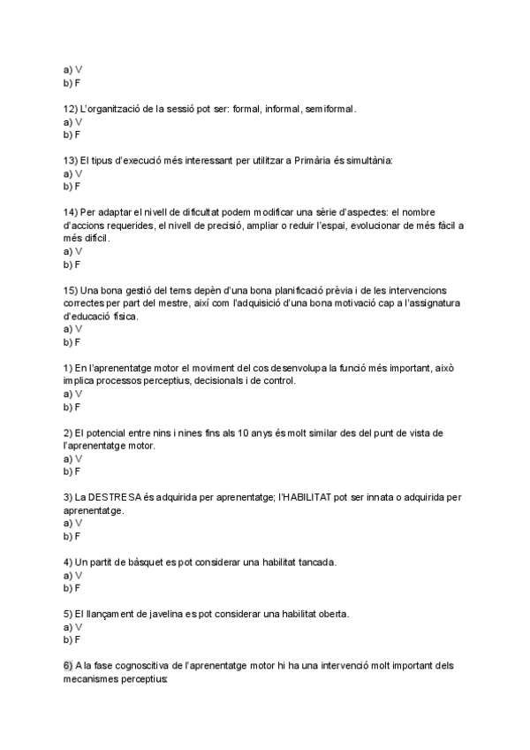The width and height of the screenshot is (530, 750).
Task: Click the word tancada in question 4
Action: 343,562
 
